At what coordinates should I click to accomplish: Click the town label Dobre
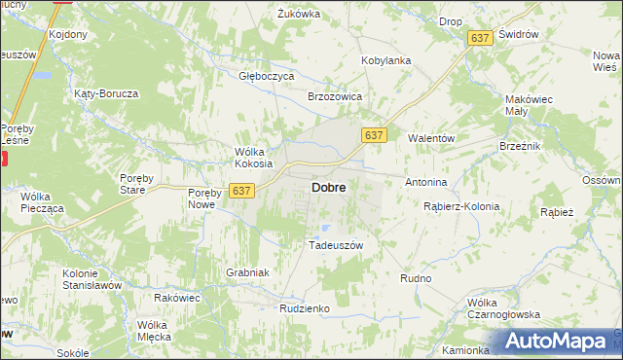click(327, 187)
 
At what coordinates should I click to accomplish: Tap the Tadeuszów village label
click(335, 245)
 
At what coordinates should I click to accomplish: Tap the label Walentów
click(431, 138)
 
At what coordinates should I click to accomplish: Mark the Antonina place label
click(425, 182)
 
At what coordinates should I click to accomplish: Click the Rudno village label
click(416, 278)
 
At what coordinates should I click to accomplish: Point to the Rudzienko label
click(305, 307)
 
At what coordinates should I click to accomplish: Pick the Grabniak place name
click(246, 272)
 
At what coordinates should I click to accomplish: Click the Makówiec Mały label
click(529, 105)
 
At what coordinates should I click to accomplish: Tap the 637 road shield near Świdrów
click(478, 37)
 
